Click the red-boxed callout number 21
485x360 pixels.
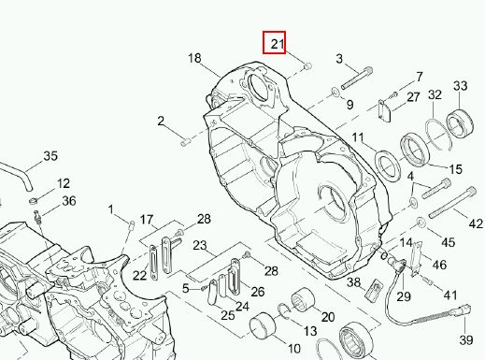pyautogui.click(x=278, y=44)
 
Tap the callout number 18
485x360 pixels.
pyautogui.click(x=194, y=58)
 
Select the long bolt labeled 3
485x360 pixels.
pyautogui.click(x=357, y=79)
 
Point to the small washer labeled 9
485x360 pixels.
pyautogui.click(x=335, y=92)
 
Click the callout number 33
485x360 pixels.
pyautogui.click(x=460, y=86)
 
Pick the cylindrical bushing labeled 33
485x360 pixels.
pyautogui.click(x=460, y=123)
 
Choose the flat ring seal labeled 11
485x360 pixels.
pyautogui.click(x=388, y=166)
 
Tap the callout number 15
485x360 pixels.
pyautogui.click(x=456, y=169)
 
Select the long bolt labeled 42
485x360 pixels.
pyautogui.click(x=452, y=202)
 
